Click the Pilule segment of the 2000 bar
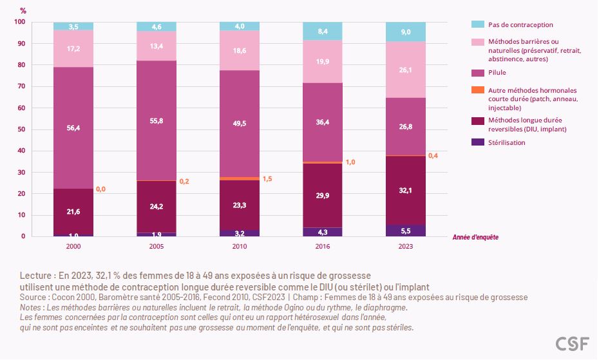73,128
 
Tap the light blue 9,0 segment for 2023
406,32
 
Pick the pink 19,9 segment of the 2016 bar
323,62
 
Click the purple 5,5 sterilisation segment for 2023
406,230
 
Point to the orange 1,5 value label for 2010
267,178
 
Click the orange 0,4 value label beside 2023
433,155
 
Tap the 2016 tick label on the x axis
323,246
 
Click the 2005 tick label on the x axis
157,246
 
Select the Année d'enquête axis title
475,237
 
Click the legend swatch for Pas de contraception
477,24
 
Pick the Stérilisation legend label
507,142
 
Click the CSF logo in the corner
572,344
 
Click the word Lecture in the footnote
36,275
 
